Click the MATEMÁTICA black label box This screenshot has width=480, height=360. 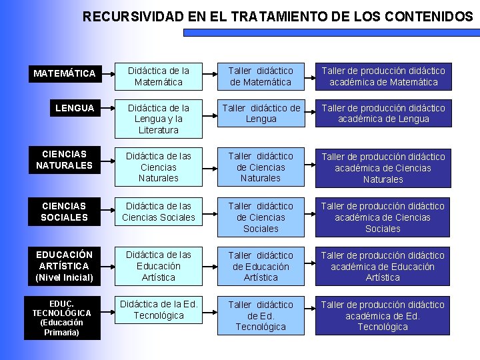tap(65, 73)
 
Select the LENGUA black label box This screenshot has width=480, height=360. tap(75, 108)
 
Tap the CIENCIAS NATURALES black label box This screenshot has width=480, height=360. tap(64, 159)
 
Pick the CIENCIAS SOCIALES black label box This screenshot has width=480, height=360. tap(64, 211)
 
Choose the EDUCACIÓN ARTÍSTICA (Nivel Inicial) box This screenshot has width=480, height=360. tap(64, 265)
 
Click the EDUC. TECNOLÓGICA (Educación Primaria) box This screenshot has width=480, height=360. tap(61, 317)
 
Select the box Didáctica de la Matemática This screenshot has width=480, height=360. tap(159, 76)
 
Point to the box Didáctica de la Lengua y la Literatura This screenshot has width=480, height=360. tap(159, 119)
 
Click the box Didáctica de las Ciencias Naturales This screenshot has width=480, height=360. tap(159, 167)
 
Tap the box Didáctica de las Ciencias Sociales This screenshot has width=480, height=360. tap(159, 211)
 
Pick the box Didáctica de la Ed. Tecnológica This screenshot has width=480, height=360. tap(159, 310)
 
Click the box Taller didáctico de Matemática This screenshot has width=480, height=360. tap(261, 76)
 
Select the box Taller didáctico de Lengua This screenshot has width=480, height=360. tap(261, 113)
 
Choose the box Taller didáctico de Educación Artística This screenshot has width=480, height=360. tap(261, 266)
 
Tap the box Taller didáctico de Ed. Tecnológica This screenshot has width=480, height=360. tap(261, 315)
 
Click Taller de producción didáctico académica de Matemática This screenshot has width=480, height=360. tap(383, 76)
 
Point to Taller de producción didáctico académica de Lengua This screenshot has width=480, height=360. tap(383, 113)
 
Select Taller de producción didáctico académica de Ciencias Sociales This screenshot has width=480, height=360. tap(383, 217)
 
